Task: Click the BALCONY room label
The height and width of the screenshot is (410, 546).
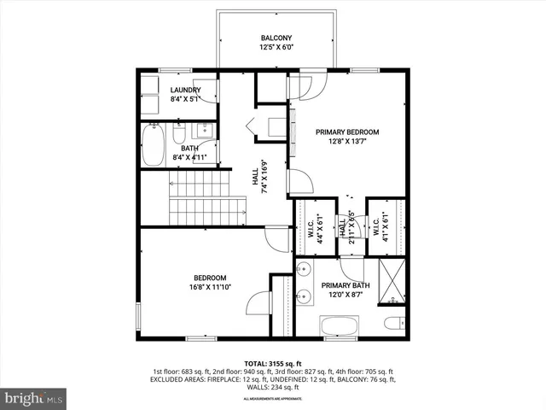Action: pyautogui.click(x=276, y=38)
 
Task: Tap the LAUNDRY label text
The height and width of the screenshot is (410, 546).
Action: pyautogui.click(x=185, y=91)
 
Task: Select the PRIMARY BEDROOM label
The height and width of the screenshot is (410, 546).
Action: pyautogui.click(x=346, y=132)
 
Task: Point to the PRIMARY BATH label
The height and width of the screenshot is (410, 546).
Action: pyautogui.click(x=345, y=286)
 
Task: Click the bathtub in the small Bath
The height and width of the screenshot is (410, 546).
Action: pyautogui.click(x=154, y=146)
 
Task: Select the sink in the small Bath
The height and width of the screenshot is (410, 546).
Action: pyautogui.click(x=203, y=131)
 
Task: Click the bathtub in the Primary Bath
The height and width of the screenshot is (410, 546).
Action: pyautogui.click(x=341, y=326)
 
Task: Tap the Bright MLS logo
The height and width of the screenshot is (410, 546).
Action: pyautogui.click(x=34, y=397)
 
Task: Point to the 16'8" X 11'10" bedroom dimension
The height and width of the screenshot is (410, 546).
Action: pyautogui.click(x=209, y=288)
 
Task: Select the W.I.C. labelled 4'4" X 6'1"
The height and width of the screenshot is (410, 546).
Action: pyautogui.click(x=307, y=227)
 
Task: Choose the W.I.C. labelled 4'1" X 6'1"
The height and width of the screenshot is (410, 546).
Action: pyautogui.click(x=380, y=227)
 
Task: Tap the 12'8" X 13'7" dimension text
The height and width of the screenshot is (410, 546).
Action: pyautogui.click(x=346, y=143)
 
